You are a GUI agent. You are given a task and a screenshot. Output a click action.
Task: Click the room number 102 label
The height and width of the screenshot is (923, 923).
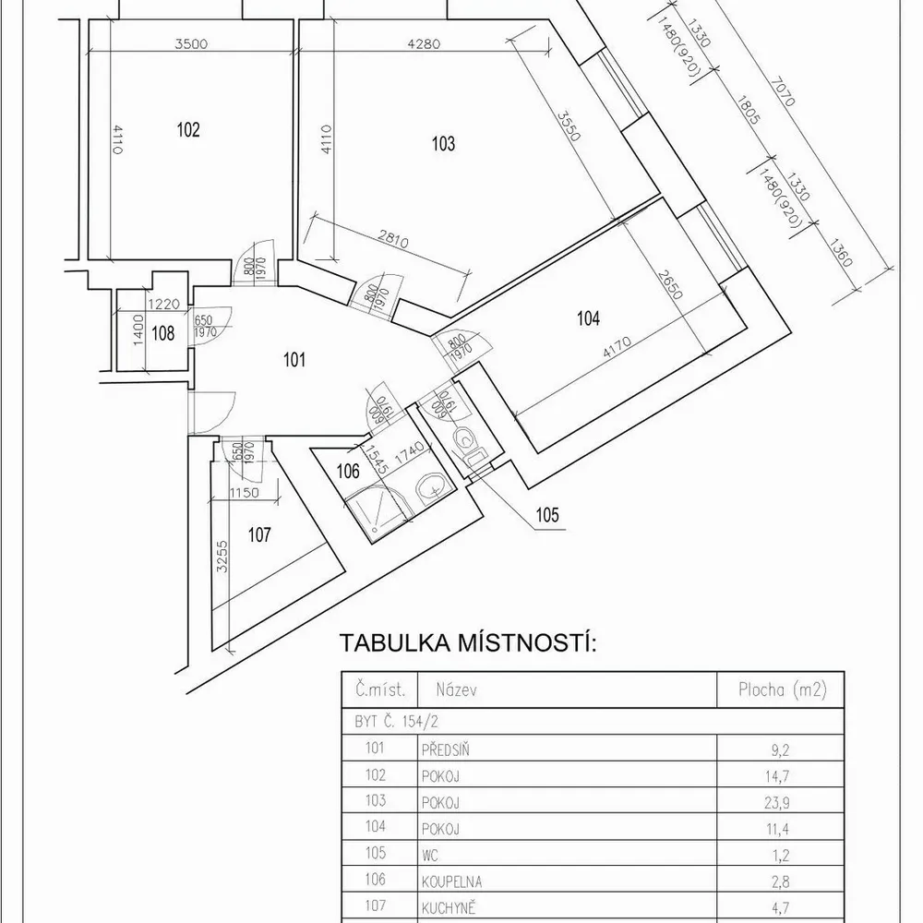point(187,129)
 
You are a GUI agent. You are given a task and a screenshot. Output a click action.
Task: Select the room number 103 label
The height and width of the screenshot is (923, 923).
point(444,143)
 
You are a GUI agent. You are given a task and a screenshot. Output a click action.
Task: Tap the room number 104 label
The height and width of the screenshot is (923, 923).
point(588,319)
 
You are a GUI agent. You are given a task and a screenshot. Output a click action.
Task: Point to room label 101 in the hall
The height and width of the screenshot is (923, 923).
point(294,360)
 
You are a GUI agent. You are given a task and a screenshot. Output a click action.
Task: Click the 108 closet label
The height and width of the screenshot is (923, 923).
point(163,334)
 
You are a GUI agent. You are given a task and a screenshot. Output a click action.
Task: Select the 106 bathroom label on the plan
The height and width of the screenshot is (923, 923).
point(347,472)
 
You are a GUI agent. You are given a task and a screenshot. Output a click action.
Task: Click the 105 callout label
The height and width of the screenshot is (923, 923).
point(546,515)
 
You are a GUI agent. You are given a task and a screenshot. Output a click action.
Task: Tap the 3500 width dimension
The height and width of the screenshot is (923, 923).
point(192,42)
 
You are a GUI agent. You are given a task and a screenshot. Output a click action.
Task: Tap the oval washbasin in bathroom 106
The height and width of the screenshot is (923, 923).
point(429,486)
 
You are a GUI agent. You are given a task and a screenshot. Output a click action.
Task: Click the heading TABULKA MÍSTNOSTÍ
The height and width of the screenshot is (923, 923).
point(469,642)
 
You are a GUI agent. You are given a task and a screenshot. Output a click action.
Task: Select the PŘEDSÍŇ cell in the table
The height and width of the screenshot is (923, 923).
point(442,749)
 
